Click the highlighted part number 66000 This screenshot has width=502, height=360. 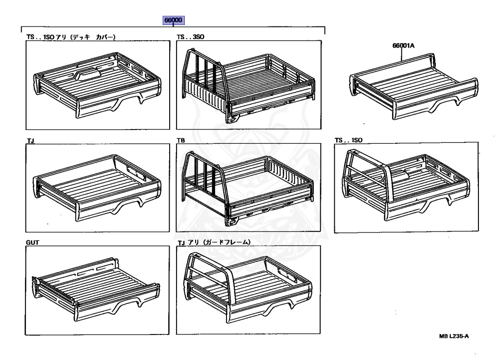[174, 20]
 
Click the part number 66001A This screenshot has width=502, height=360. [403, 46]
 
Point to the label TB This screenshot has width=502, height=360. [180, 140]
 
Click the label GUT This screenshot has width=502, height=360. [32, 242]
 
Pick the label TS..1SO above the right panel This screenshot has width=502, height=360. [348, 140]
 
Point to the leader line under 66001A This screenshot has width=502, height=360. [403, 53]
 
